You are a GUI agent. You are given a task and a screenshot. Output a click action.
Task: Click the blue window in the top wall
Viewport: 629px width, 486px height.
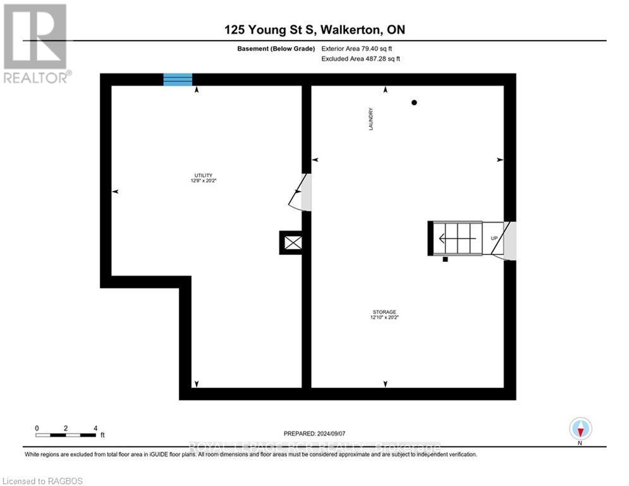(178, 79)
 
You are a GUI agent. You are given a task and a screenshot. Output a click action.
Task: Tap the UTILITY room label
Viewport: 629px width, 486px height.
(203, 178)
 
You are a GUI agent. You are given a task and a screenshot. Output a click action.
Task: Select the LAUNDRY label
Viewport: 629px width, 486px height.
(372, 118)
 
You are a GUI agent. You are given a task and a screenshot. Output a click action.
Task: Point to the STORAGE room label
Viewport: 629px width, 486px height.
(384, 315)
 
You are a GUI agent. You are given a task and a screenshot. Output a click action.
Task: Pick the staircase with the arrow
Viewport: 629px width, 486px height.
(455, 239)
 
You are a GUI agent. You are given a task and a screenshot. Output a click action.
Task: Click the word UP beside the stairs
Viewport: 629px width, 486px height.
(494, 239)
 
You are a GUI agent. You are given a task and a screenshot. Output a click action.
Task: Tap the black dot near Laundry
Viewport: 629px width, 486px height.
(414, 103)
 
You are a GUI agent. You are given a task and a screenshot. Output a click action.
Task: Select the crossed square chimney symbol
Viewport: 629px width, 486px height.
(291, 242)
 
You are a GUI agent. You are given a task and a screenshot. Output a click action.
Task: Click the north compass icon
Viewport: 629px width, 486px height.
(580, 428)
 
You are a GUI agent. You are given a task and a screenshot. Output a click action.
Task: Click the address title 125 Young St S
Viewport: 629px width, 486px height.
(314, 30)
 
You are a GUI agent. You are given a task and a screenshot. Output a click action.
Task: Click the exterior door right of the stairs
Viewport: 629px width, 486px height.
(510, 241)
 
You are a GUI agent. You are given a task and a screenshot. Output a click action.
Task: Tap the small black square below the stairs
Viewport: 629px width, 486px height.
(445, 259)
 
